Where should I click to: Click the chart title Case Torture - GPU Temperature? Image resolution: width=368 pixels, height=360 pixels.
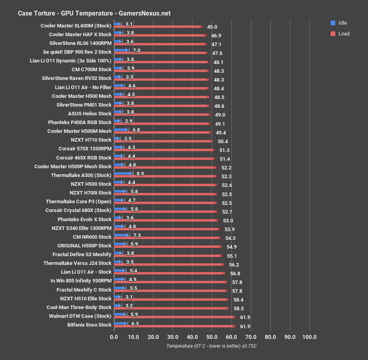[94, 13]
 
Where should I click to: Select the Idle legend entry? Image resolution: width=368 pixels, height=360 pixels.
[342, 23]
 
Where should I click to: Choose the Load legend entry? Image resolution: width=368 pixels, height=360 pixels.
[343, 34]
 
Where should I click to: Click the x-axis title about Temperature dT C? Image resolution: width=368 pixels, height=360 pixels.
[211, 346]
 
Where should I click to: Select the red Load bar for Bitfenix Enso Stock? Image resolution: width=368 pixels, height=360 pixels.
[174, 326]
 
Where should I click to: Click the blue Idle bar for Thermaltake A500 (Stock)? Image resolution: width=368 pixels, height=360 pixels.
[123, 173]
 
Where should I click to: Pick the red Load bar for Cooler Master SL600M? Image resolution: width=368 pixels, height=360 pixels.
[157, 27]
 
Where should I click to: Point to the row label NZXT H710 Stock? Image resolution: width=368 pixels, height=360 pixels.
[91, 140]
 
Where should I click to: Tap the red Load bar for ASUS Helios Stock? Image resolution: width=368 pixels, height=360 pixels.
[161, 115]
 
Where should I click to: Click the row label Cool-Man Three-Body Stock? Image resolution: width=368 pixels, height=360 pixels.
[79, 307]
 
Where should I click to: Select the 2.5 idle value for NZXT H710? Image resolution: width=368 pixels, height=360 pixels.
[128, 138]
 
